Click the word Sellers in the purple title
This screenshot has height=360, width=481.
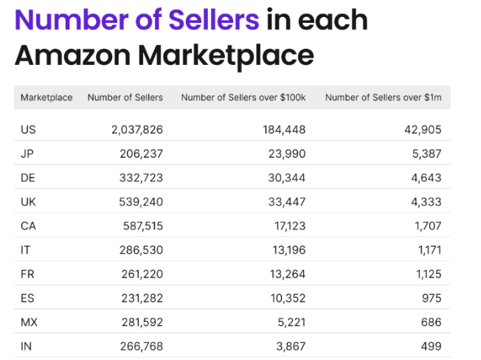click(x=209, y=19)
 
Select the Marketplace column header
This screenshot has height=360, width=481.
click(x=46, y=97)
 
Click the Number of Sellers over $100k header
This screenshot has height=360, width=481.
click(x=244, y=97)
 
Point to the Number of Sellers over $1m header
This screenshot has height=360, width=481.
click(x=383, y=97)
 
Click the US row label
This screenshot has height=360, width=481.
click(x=29, y=130)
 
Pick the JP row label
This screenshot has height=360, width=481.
click(x=28, y=154)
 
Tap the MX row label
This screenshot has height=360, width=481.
click(x=29, y=322)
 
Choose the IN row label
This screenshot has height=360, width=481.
click(x=27, y=346)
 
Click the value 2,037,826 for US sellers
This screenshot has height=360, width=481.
click(x=137, y=130)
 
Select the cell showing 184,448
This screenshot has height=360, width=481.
click(x=283, y=130)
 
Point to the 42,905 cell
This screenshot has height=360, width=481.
click(x=423, y=130)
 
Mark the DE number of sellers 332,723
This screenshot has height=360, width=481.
click(x=141, y=178)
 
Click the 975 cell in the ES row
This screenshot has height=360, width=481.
click(x=431, y=298)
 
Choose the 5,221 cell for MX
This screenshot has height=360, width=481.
click(x=290, y=322)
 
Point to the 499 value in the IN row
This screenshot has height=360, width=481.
click(x=431, y=346)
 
